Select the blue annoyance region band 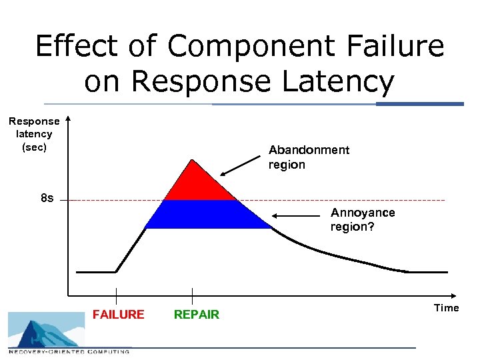[207, 214]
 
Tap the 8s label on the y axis [47, 199]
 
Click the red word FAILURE [118, 315]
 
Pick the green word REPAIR [196, 315]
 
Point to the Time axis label [446, 308]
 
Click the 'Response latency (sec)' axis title [34, 134]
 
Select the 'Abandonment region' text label [308, 157]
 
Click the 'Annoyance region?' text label [363, 219]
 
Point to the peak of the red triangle [192, 160]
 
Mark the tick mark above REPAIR [192, 295]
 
